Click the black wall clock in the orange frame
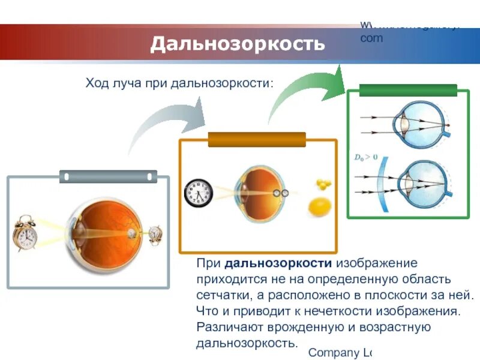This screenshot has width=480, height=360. point(198,193)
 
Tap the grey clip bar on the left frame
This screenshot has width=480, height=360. point(108,176)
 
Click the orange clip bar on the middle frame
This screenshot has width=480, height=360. point(257,140)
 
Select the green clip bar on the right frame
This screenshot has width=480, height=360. point(408,91)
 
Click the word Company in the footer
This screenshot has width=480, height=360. point(329,352)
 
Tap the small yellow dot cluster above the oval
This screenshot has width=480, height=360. point(322,184)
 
